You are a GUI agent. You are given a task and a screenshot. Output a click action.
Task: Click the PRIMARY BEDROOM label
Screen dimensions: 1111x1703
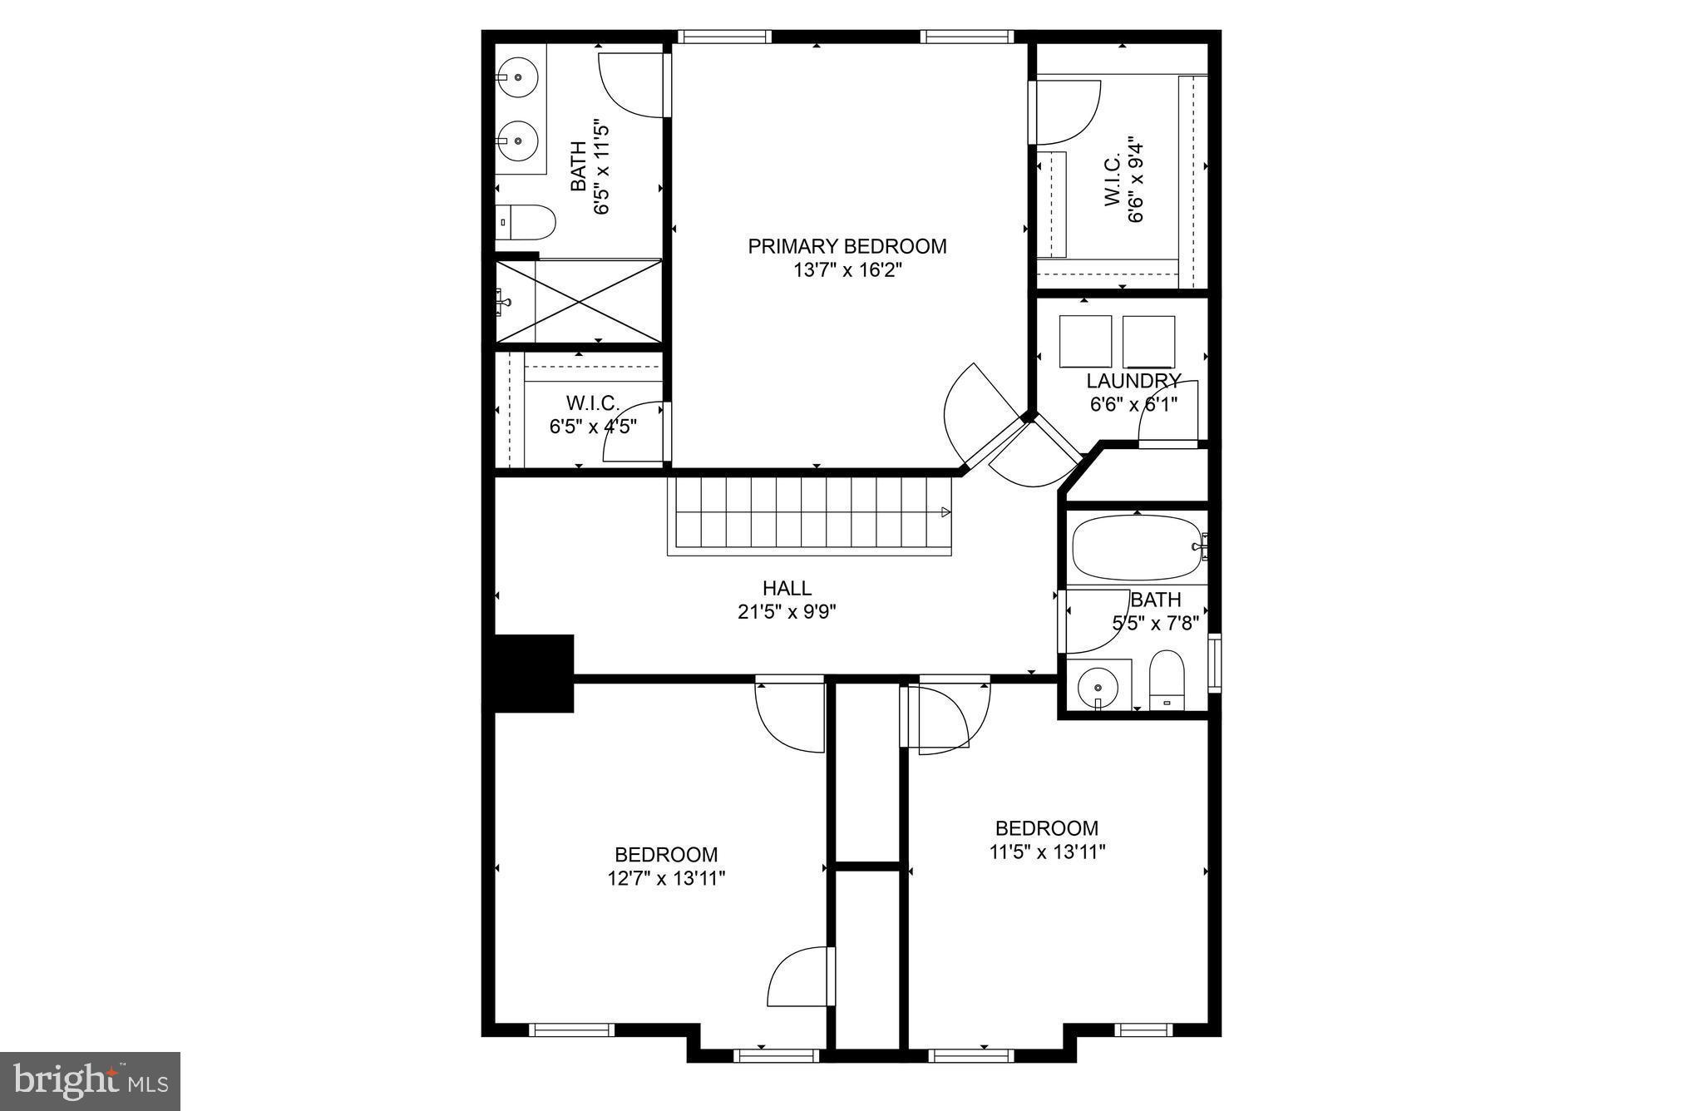847,246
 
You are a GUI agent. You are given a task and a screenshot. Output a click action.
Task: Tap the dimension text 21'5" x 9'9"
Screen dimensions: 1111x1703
787,612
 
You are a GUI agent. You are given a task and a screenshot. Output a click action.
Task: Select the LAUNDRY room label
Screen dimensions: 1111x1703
1133,382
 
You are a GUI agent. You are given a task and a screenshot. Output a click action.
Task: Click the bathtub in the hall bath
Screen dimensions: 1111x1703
1136,547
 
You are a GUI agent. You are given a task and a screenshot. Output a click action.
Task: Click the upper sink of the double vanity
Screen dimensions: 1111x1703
520,77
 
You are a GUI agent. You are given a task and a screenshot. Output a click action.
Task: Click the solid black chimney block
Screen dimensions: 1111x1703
532,673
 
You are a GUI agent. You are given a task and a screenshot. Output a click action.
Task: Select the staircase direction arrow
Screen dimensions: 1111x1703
945,511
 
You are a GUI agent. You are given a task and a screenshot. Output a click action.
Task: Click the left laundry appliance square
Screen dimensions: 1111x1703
1085,341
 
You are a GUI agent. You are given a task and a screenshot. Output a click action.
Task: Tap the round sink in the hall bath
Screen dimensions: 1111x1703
1098,688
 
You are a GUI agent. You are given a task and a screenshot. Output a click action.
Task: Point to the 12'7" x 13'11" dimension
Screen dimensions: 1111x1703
666,878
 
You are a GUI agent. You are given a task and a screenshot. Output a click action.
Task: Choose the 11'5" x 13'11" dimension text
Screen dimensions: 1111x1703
1047,852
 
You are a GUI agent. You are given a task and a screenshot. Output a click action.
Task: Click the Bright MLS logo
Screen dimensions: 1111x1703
91,1081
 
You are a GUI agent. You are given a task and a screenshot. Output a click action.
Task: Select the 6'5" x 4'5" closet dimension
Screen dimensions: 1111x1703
593,427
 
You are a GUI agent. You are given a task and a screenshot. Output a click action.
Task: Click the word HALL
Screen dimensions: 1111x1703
787,588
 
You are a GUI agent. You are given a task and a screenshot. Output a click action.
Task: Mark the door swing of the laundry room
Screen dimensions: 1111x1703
1167,412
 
